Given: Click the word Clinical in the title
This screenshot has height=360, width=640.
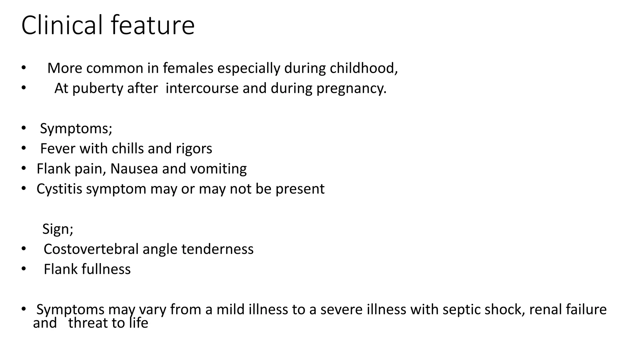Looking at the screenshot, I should click(x=62, y=25).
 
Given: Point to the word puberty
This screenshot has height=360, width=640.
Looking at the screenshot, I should click(x=98, y=88).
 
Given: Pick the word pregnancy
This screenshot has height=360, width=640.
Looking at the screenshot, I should click(x=351, y=88).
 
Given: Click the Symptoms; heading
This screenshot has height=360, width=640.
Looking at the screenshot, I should click(x=76, y=128).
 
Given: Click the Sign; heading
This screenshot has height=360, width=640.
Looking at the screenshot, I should click(x=58, y=229).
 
